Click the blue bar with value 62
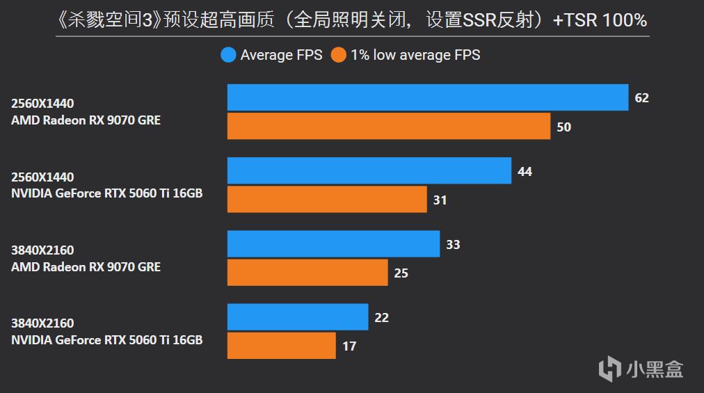tap(428, 97)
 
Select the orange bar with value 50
tap(389, 127)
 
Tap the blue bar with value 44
tap(369, 170)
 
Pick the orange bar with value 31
tap(327, 200)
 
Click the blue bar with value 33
tap(333, 244)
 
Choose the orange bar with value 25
tap(307, 273)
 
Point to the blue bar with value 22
tap(298, 317)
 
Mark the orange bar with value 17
tap(281, 346)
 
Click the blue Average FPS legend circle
tap(228, 55)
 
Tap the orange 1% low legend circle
tap(339, 55)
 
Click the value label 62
tap(641, 98)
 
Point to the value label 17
tap(349, 346)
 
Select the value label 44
tap(525, 171)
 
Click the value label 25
tap(401, 273)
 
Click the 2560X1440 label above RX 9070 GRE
tap(42, 104)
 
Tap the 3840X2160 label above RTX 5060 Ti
tap(42, 323)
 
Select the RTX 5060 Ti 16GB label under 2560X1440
tap(106, 193)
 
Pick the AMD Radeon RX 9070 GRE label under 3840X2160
tap(86, 266)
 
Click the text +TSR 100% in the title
tap(600, 21)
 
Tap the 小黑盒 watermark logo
tap(641, 368)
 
